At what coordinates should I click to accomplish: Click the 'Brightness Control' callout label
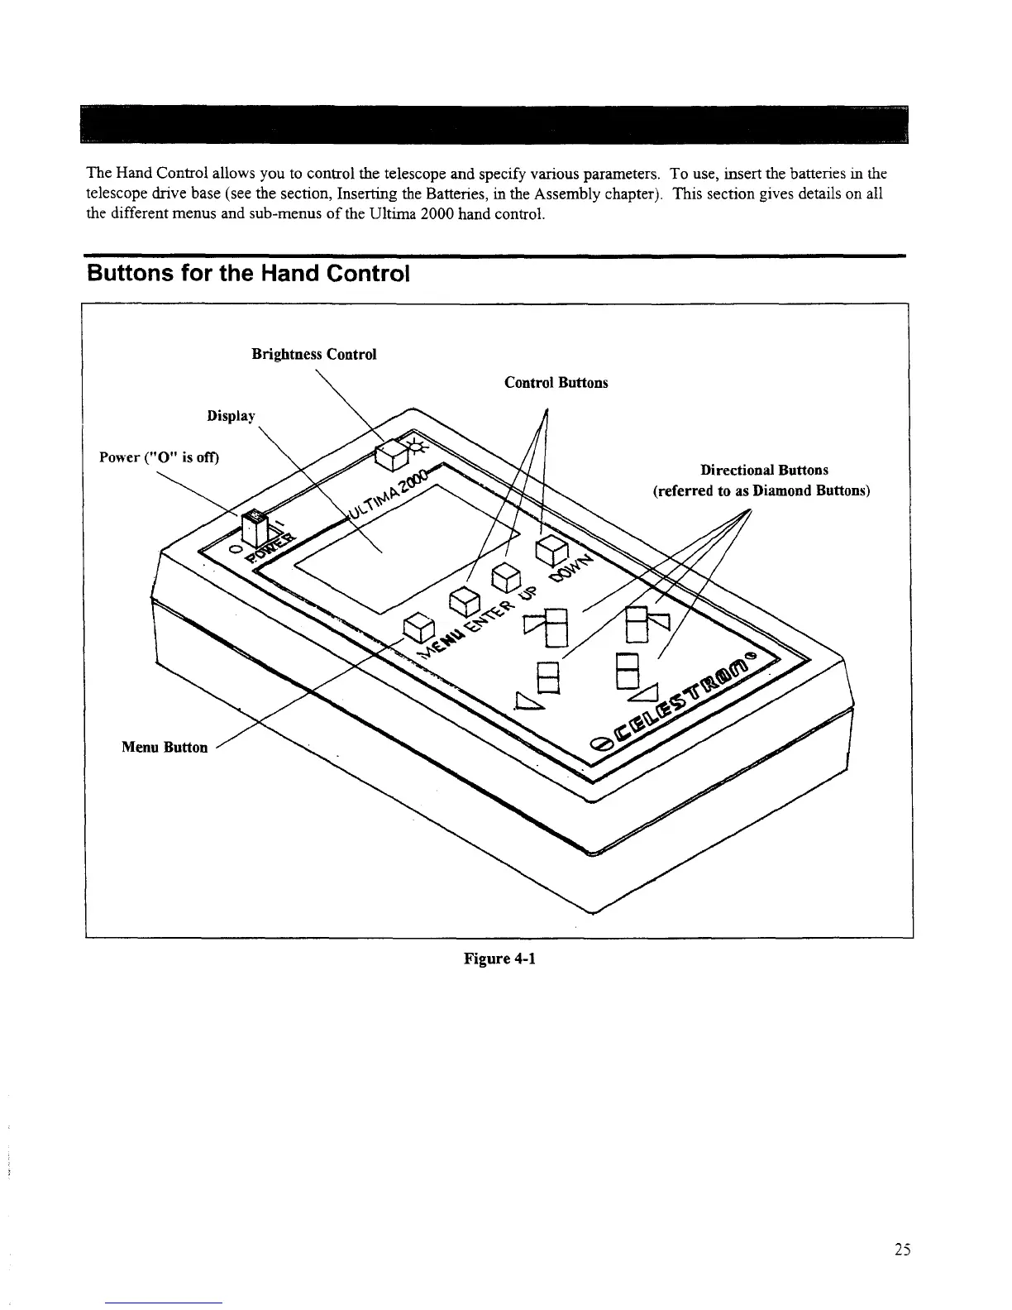(x=313, y=354)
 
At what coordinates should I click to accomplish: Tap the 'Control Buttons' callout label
(x=556, y=383)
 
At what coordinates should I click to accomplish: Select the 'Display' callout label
(x=231, y=416)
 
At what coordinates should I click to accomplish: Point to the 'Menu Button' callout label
(x=165, y=747)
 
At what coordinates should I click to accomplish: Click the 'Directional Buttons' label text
(x=764, y=471)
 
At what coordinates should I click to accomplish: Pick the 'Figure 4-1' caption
(x=499, y=959)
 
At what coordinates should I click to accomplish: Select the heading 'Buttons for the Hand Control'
(x=248, y=273)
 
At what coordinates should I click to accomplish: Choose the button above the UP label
(x=506, y=575)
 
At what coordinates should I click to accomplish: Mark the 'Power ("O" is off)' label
(x=159, y=457)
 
